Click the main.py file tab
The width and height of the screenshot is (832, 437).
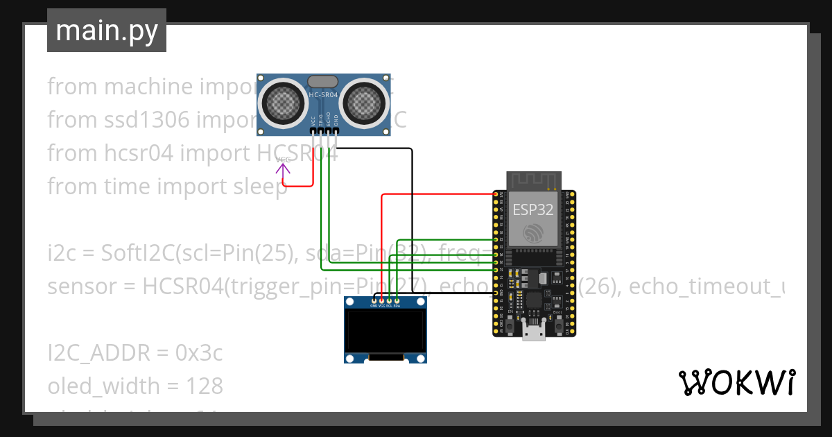pyautogui.click(x=106, y=31)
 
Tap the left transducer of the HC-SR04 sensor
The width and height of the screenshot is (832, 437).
pyautogui.click(x=283, y=103)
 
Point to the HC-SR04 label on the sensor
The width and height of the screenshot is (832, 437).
pyautogui.click(x=323, y=95)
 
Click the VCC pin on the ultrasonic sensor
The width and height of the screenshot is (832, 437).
pyautogui.click(x=313, y=130)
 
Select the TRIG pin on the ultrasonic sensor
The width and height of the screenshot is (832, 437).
pyautogui.click(x=321, y=130)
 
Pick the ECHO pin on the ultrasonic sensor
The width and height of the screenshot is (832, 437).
pyautogui.click(x=329, y=130)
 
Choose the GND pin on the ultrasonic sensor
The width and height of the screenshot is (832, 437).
pyautogui.click(x=336, y=130)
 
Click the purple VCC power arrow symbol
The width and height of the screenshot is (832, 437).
pyautogui.click(x=284, y=164)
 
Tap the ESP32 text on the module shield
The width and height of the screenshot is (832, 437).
pyautogui.click(x=532, y=209)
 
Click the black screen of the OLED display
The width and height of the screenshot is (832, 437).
pyautogui.click(x=385, y=332)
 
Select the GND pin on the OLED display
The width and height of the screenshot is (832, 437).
pyautogui.click(x=374, y=300)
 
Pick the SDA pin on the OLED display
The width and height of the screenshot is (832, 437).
pyautogui.click(x=397, y=300)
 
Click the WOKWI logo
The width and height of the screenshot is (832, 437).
pyautogui.click(x=736, y=382)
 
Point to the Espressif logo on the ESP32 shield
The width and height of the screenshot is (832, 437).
pyautogui.click(x=532, y=233)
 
